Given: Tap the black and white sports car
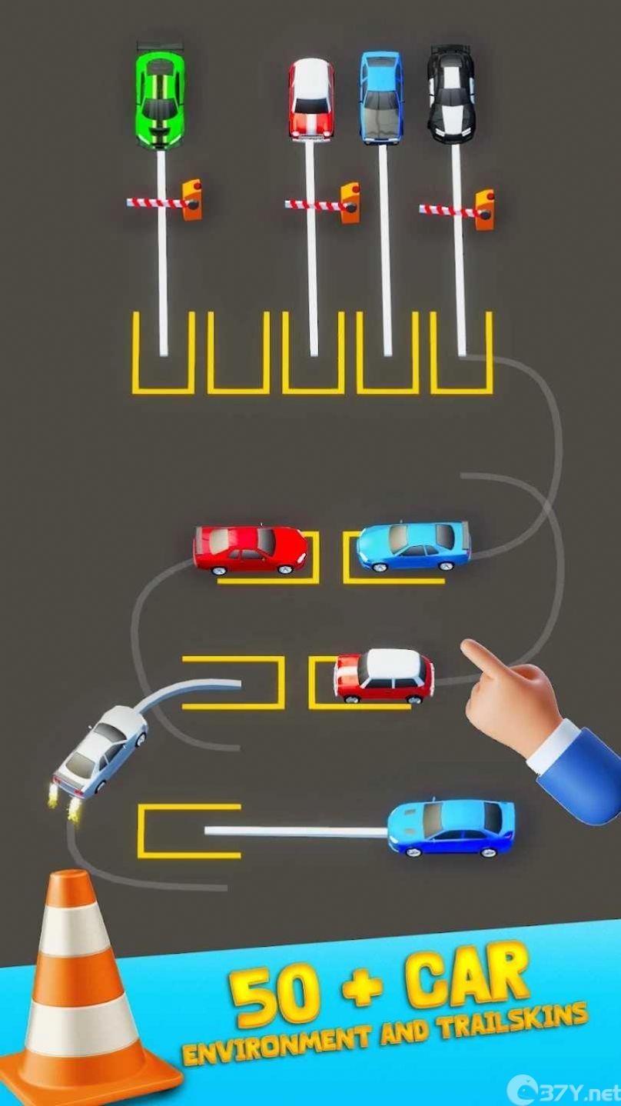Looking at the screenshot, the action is pos(451,96).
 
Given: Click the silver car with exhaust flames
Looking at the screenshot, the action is pos(101,751).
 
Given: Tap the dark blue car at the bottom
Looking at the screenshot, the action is pos(451,829).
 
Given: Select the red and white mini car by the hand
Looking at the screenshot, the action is pos(384,676).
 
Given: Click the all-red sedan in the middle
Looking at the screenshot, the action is pos(251,551).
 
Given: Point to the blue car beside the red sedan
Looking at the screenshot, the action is pos(413,547).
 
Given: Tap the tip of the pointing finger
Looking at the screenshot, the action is pos(465,645).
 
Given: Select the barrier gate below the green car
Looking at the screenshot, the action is pos(164,200).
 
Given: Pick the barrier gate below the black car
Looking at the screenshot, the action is pos(457,210).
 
